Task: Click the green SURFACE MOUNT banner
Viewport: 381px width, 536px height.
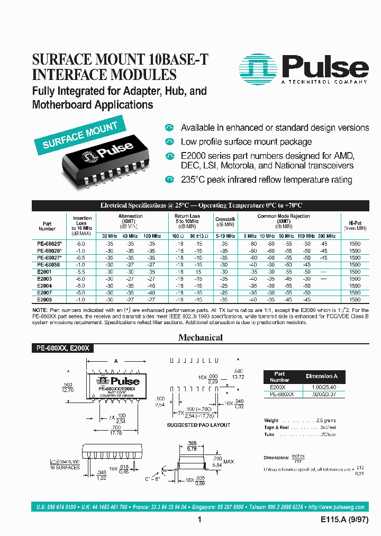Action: point(80,135)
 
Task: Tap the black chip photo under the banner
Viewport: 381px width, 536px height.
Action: point(108,162)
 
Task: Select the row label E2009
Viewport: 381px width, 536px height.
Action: point(44,299)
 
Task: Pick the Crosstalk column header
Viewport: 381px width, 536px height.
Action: point(224,219)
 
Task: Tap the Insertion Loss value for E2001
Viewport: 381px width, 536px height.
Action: point(81,271)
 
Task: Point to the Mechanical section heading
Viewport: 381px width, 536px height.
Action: point(201,337)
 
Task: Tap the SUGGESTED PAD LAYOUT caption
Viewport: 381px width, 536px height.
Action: point(198,425)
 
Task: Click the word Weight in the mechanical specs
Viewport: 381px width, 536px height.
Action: point(271,421)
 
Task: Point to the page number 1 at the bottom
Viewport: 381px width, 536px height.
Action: point(199,520)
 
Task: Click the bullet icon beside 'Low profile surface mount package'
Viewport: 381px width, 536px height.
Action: point(169,142)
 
